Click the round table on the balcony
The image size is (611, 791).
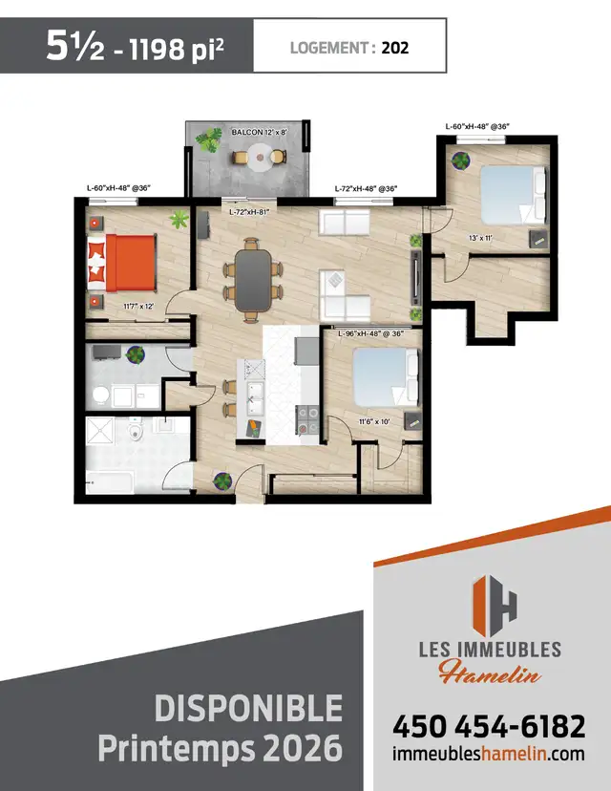[260, 159]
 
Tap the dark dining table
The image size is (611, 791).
[254, 277]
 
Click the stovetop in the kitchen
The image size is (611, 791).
[308, 417]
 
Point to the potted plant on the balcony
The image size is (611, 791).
[207, 140]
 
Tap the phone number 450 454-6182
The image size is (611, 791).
[488, 727]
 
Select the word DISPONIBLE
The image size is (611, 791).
[247, 709]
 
